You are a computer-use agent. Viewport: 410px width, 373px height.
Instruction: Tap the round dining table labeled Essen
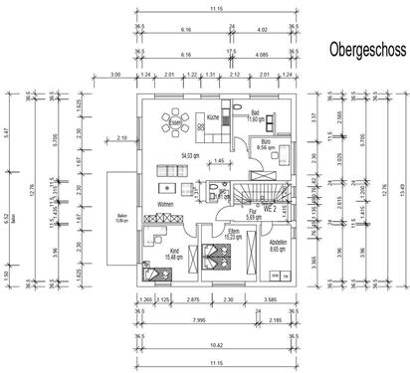tap(177, 123)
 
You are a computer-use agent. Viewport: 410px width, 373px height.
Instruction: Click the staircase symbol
tap(262, 189)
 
